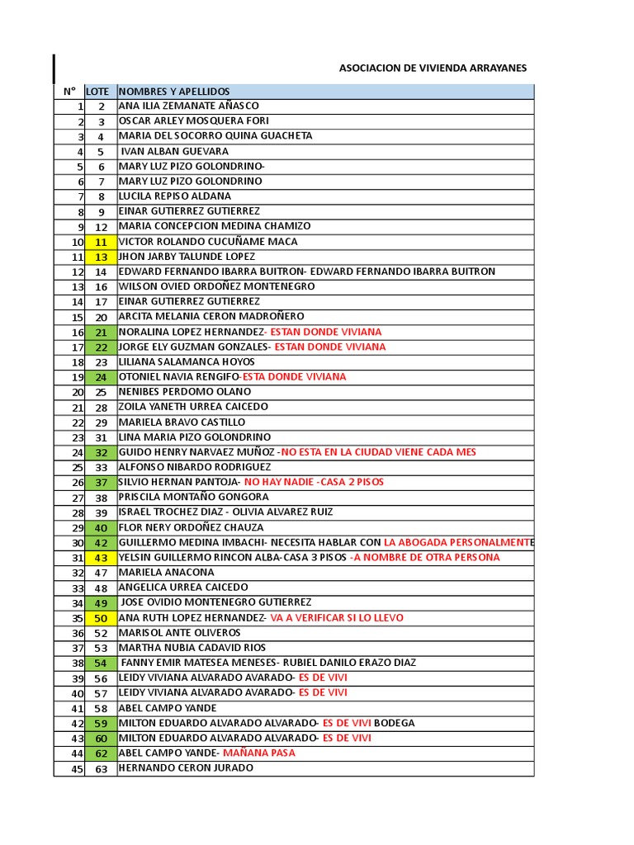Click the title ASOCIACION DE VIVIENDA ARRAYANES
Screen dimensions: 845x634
click(x=433, y=68)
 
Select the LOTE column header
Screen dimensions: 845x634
click(x=97, y=91)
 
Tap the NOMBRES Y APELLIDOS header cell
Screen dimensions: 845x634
click(x=174, y=91)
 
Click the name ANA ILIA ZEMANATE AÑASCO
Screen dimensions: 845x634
click(x=189, y=106)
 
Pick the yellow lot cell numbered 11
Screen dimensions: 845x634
click(x=101, y=242)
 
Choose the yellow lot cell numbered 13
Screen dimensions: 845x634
click(x=101, y=257)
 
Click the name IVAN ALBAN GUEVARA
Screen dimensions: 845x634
click(x=175, y=151)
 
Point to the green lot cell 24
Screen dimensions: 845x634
click(x=101, y=377)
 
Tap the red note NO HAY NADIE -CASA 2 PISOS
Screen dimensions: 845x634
click(x=314, y=482)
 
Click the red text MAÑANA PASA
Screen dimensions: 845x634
click(x=264, y=753)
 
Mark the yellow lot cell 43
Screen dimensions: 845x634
click(x=101, y=558)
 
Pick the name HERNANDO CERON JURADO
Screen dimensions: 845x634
click(x=186, y=767)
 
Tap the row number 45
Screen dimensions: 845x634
click(x=78, y=767)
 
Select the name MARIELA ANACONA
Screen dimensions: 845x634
click(x=167, y=572)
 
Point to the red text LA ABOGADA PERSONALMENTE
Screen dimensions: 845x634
click(x=459, y=542)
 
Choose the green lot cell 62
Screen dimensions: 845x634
click(x=101, y=753)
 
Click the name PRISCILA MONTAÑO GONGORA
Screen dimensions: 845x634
click(x=194, y=497)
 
